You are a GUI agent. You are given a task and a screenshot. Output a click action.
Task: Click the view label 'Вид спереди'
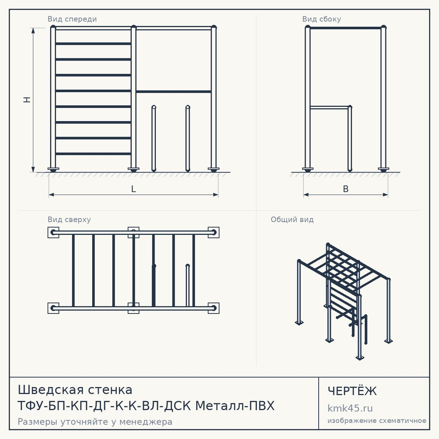point(72,19)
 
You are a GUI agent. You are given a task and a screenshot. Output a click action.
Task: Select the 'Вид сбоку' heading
point(321,19)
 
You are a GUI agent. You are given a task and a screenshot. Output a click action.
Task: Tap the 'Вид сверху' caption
point(69,219)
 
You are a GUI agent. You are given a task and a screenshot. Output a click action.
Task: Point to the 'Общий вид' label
point(292,219)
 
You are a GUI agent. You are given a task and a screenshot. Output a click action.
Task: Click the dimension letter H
point(27,100)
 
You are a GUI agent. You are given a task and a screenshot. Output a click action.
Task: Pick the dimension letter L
point(133,189)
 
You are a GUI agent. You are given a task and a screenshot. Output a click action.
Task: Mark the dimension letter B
point(346,189)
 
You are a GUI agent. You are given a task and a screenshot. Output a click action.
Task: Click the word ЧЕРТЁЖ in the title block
point(352,391)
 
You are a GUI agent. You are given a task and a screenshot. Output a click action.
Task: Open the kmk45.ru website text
point(350,408)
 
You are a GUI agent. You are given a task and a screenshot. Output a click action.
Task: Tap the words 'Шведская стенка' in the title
point(75,390)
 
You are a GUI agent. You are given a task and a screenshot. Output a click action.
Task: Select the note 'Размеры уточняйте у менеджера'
point(95,421)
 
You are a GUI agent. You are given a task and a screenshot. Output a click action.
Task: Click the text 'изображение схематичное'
point(377,421)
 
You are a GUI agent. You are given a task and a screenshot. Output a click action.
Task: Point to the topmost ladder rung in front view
point(93,43)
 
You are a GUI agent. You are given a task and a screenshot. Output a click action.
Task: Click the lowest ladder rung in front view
point(93,154)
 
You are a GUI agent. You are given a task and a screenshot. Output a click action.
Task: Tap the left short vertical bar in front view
point(153,138)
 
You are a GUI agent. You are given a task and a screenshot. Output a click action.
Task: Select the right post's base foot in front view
point(214,169)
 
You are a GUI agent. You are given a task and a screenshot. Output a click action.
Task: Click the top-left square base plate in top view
point(53,232)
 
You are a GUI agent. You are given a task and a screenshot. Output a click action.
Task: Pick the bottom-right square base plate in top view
point(214,308)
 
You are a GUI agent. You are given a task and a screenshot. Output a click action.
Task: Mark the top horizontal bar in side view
point(345,28)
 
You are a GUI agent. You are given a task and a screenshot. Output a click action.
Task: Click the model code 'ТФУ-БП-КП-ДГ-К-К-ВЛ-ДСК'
point(104,406)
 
